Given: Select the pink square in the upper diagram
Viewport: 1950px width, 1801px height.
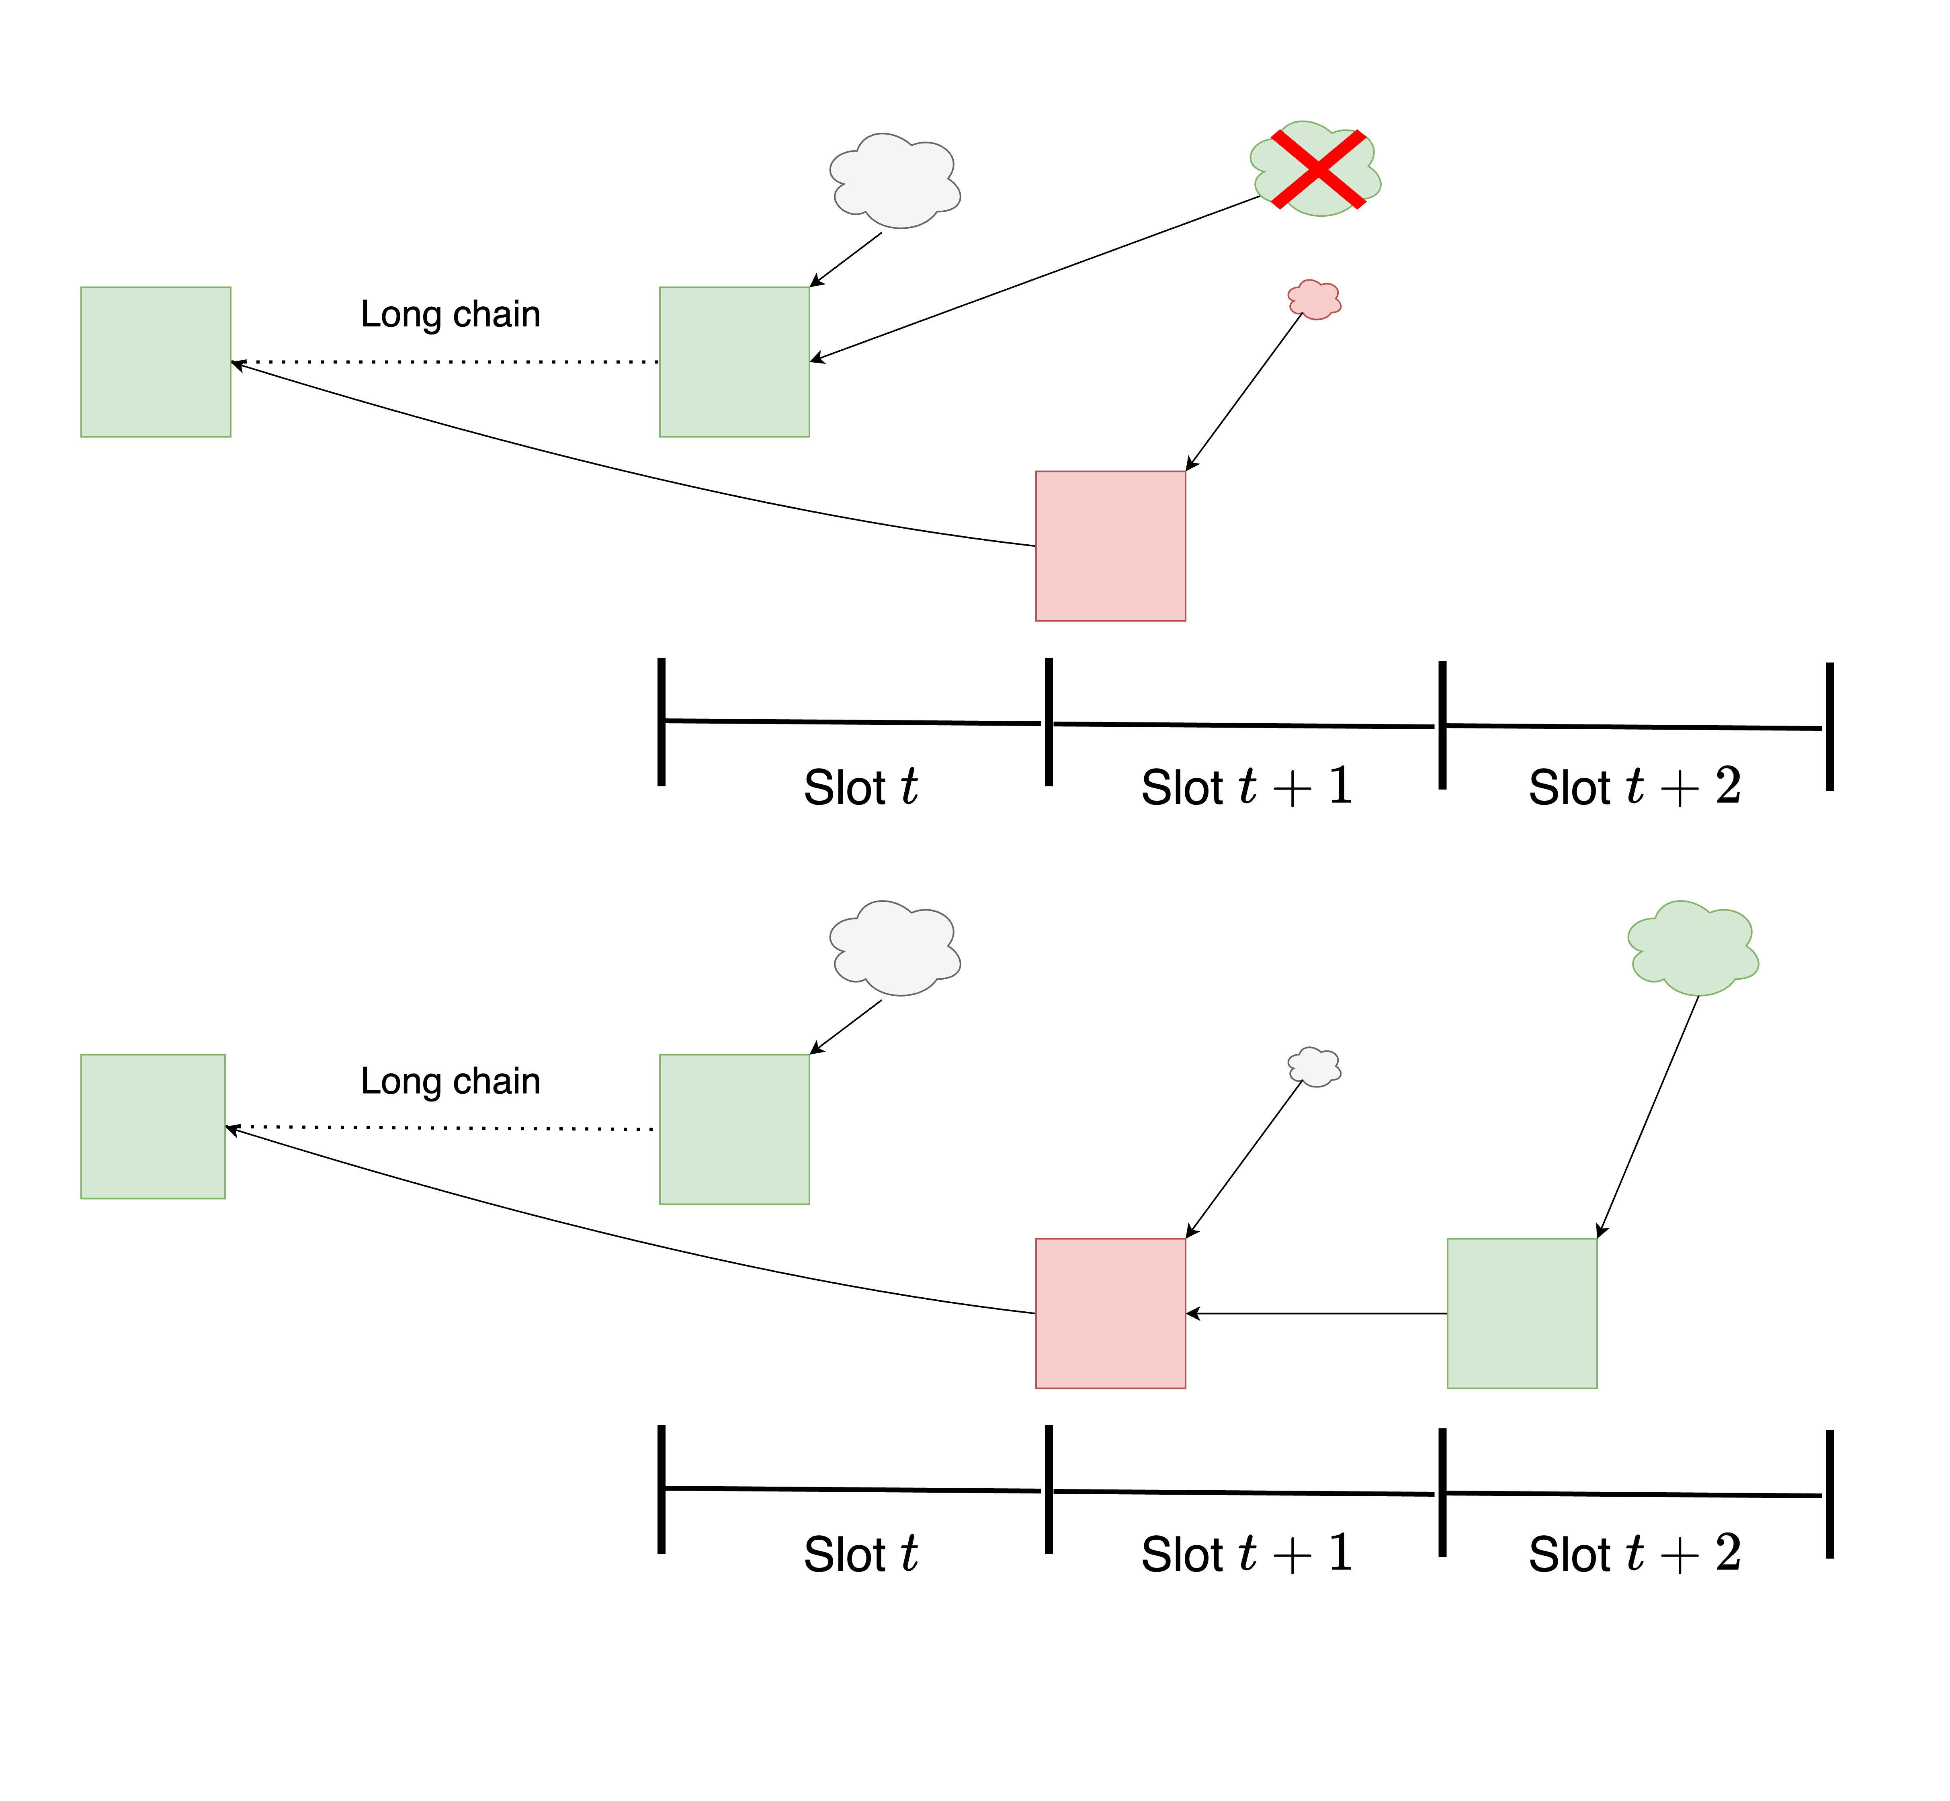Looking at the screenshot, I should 1110,546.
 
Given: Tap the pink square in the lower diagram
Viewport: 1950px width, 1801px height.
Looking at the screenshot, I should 1110,1313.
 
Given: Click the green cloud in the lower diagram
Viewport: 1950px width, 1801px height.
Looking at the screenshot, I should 1693,948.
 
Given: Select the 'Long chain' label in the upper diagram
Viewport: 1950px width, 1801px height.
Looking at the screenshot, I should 450,314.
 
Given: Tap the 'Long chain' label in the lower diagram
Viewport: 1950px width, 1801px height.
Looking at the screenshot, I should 450,1081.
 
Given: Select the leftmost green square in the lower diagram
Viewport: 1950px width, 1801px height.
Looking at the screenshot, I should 153,1126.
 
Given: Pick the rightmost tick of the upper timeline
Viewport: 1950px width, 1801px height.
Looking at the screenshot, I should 1829,726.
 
